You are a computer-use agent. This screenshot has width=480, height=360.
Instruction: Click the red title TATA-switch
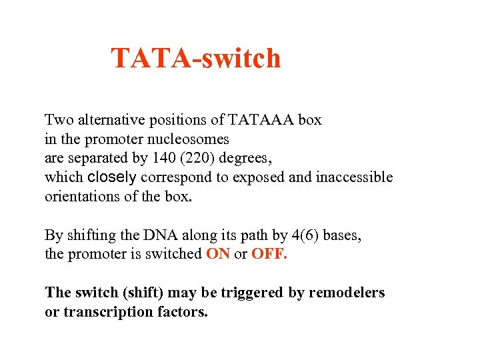195,59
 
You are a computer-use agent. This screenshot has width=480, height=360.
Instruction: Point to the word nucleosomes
190,139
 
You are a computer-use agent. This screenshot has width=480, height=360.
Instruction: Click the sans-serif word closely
112,177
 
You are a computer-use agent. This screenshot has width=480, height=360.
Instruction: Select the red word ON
218,254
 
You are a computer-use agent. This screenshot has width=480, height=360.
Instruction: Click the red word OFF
269,254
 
